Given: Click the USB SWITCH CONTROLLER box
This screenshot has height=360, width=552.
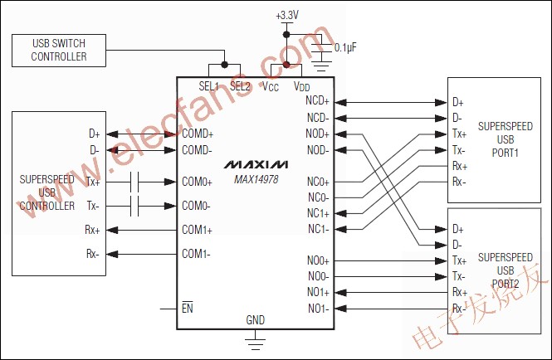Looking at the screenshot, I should [58, 50].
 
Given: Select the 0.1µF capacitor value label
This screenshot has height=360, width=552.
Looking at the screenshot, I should [346, 47].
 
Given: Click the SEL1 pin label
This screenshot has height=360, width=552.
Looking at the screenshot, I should [209, 86].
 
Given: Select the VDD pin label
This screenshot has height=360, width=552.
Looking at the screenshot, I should [303, 86].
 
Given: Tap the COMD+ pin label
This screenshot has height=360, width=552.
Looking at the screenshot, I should [198, 134].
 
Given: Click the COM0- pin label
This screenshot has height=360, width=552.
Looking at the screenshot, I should [197, 206].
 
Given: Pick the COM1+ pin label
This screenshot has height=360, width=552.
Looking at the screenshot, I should [198, 230].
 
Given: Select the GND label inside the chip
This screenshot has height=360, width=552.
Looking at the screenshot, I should [256, 319].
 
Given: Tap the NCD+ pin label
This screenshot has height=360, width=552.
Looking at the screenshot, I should [317, 102].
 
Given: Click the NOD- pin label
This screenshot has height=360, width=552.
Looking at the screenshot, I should [317, 150].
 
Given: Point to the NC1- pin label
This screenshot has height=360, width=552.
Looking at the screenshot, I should [318, 229].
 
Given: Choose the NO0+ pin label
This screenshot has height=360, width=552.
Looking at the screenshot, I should [318, 261].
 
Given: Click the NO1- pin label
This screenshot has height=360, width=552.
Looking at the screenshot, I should [318, 309].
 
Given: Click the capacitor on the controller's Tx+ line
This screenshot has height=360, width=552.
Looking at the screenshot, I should [138, 182].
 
